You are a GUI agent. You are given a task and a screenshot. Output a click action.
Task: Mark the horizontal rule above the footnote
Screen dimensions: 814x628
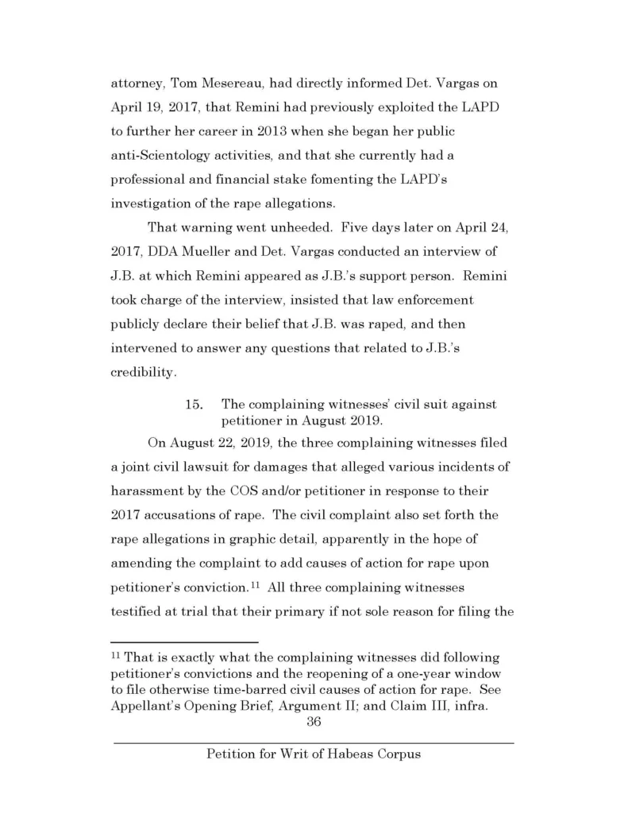point(184,641)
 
